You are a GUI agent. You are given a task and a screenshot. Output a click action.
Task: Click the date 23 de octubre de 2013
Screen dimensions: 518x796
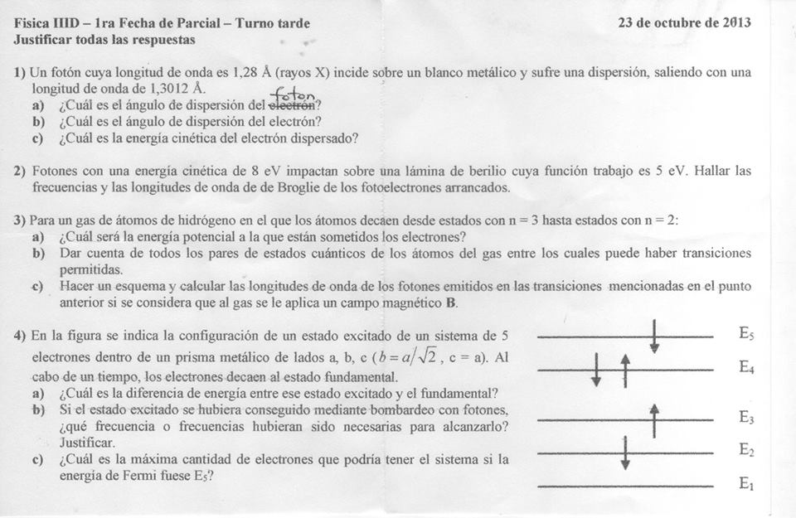point(684,22)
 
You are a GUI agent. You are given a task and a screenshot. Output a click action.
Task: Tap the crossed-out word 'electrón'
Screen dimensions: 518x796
point(293,106)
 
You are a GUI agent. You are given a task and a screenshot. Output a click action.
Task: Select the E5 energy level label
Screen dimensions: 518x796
point(746,334)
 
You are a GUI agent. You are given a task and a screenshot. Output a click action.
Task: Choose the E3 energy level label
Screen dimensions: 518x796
point(746,418)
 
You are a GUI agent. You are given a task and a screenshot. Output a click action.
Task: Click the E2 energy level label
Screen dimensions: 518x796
point(746,450)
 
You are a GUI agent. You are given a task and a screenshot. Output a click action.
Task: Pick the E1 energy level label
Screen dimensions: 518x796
point(746,483)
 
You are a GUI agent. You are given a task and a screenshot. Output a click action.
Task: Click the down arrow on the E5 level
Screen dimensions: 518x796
point(655,336)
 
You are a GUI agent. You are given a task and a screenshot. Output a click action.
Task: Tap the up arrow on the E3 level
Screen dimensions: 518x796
point(655,420)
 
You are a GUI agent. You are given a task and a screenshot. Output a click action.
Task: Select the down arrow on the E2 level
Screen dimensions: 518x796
point(625,453)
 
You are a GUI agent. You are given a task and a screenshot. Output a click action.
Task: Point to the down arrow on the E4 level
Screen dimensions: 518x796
point(596,370)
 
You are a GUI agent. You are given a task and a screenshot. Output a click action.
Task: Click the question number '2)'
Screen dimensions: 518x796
point(20,172)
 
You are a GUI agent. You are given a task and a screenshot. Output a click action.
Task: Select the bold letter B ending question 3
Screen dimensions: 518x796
point(451,303)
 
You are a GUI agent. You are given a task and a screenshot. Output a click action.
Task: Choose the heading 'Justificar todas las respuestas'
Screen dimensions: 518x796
point(104,40)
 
